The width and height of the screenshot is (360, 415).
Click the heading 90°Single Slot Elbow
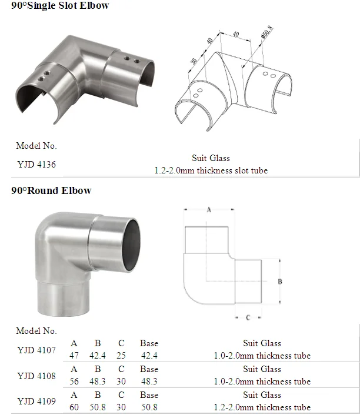[60, 5]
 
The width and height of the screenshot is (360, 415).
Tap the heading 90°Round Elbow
[51, 190]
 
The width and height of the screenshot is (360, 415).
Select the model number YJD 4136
[36, 165]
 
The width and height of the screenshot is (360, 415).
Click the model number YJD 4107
[36, 350]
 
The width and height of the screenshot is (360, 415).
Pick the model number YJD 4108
[36, 376]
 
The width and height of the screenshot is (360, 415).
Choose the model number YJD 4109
[36, 401]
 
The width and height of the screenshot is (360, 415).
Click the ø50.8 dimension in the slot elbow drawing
[266, 32]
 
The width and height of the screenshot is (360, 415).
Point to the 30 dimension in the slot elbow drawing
[194, 61]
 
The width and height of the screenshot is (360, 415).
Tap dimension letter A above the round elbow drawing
[209, 210]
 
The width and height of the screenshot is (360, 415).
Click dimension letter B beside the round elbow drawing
[280, 282]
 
